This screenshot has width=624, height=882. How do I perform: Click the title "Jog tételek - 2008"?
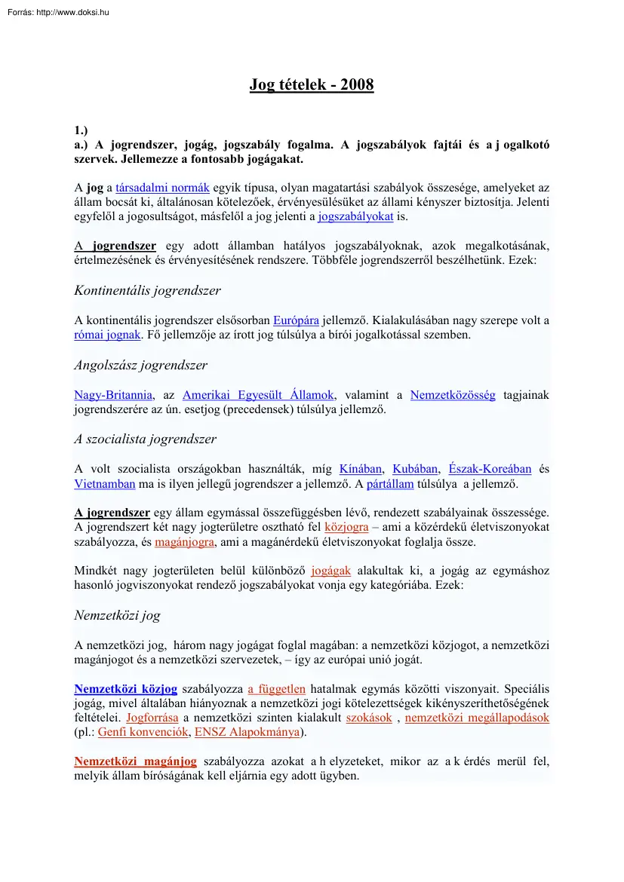click(312, 84)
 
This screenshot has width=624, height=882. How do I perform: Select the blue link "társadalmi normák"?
click(162, 188)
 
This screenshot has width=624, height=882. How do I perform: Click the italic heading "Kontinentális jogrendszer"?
click(147, 290)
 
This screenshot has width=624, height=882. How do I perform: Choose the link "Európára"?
click(296, 320)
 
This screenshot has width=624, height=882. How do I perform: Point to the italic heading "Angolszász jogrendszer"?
click(140, 365)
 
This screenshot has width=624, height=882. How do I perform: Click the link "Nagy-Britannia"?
click(113, 395)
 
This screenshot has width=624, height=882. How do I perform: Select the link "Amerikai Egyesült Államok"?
click(258, 395)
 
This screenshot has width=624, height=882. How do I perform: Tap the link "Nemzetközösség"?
click(453, 395)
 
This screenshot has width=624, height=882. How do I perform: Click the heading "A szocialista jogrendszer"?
click(145, 439)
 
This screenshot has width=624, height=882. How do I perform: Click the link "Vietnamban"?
click(105, 483)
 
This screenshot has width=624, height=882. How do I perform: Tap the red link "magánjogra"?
click(185, 542)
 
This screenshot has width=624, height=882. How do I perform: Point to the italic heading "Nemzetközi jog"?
click(117, 615)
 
